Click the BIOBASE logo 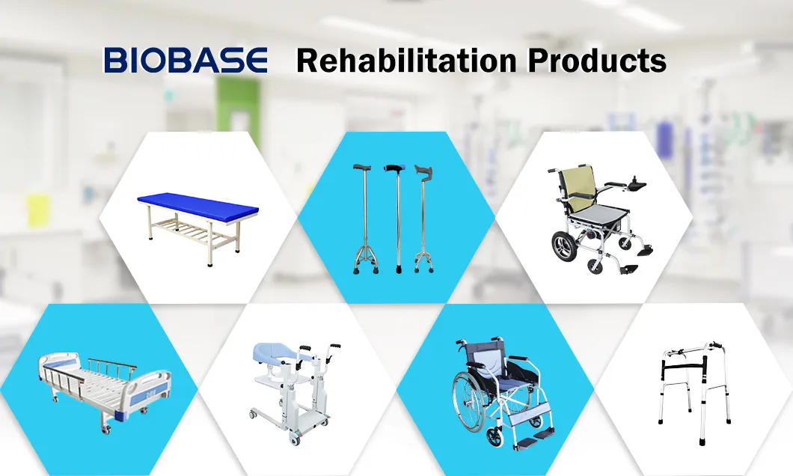186,60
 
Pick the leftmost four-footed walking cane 364,219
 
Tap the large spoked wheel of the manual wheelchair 468,401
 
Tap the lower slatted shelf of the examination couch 192,231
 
